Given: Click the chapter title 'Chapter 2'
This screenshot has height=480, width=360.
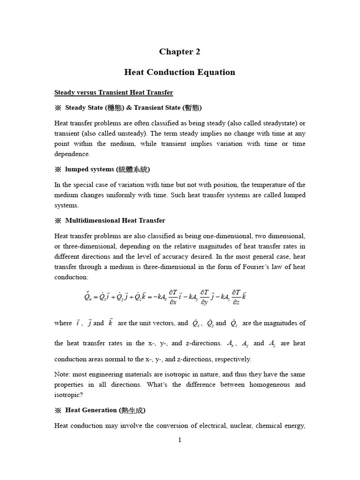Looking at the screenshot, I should tap(180, 52).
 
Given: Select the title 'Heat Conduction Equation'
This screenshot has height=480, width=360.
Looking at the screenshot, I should tap(180, 72).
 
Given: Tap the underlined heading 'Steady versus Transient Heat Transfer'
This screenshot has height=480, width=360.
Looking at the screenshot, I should tap(114, 92).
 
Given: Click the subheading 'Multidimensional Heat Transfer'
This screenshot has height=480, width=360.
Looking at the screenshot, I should tap(115, 220).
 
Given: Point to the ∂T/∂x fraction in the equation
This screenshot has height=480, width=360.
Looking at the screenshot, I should tap(172, 297).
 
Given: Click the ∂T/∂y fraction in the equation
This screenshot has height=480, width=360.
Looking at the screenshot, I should tap(204, 297).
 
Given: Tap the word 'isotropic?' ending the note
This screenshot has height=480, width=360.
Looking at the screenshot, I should tap(68, 395).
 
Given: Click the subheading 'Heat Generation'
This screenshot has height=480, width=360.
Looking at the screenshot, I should tap(91, 410).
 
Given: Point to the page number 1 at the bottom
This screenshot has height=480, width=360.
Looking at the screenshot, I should tap(180, 440).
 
